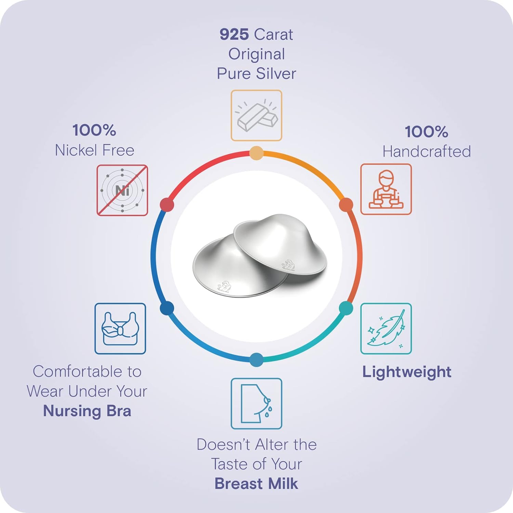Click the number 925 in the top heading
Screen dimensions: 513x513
click(234, 34)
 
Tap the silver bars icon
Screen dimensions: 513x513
click(256, 115)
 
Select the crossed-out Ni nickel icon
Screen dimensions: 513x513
click(122, 190)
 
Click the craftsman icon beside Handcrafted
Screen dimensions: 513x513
click(386, 189)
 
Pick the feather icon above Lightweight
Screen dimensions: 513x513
click(386, 329)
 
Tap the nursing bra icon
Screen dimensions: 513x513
click(120, 329)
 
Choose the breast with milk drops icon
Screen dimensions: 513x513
click(256, 404)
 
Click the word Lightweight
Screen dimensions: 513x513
click(407, 372)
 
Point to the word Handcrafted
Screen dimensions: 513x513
click(426, 152)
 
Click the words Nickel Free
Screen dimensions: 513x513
click(95, 150)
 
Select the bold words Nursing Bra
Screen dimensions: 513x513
click(87, 411)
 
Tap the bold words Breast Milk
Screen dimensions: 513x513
click(256, 484)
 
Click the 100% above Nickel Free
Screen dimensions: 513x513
click(94, 130)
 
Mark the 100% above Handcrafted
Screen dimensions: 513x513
click(426, 132)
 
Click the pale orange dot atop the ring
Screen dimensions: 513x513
click(256, 153)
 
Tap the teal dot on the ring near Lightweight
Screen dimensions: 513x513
click(346, 308)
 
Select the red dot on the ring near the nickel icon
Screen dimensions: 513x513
click(167, 205)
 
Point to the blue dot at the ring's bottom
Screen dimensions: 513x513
click(256, 360)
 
